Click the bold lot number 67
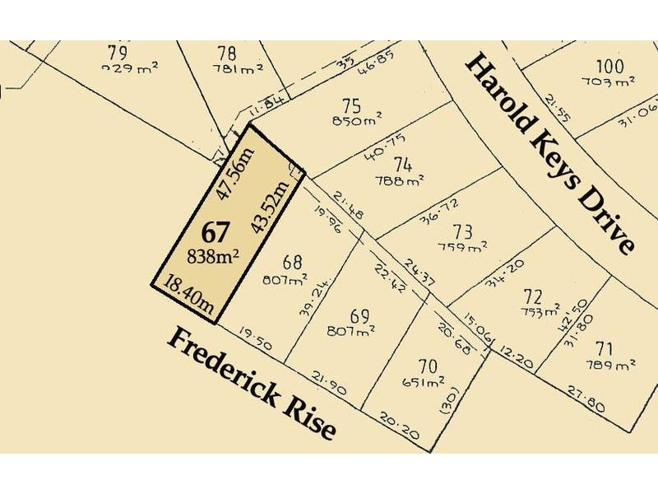point(211,231)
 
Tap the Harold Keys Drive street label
point(551,152)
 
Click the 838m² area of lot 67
point(213,255)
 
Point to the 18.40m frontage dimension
point(190,296)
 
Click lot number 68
point(292,263)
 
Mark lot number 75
point(352,105)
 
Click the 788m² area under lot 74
point(399,180)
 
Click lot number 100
point(609,66)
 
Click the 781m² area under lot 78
point(238,70)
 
